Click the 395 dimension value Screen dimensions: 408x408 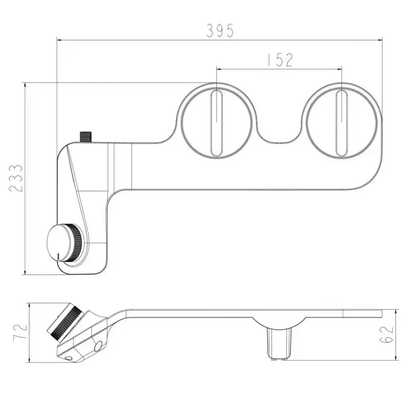(220, 30)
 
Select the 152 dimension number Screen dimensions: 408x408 (280, 60)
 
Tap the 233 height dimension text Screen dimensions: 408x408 (16, 178)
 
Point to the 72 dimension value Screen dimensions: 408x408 (20, 331)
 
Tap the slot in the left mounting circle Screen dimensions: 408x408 (216, 123)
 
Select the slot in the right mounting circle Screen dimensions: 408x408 (341, 123)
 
